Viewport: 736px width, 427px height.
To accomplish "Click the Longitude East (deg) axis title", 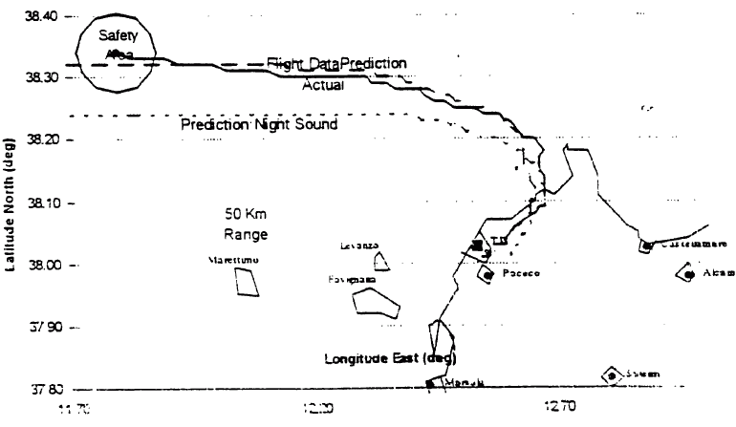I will point(390,358).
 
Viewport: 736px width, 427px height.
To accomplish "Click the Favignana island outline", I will point(377,301).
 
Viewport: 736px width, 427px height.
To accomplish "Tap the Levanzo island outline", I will point(381,261).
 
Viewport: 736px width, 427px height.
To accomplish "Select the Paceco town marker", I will point(487,274).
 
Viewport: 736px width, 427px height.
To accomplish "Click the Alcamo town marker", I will point(687,273).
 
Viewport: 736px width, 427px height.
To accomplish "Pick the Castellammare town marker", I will point(646,246).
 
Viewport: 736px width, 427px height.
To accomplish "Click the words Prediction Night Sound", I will point(258,125).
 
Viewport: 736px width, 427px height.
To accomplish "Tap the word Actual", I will point(324,86).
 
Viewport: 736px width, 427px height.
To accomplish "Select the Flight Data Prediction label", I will point(336,63).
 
